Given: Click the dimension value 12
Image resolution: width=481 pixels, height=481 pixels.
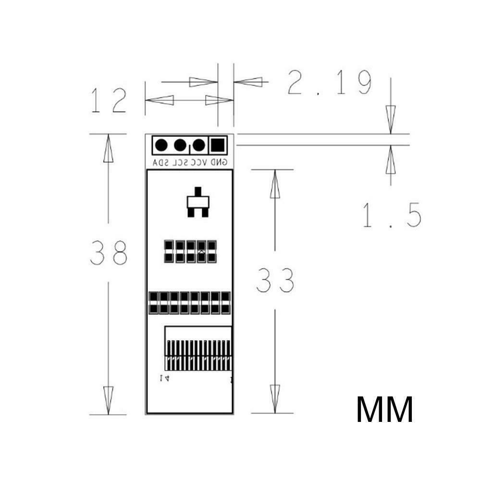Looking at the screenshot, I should (x=109, y=100).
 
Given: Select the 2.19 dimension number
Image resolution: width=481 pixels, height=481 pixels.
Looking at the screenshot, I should (x=330, y=82).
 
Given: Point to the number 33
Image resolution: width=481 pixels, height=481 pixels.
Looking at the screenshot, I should (x=275, y=280).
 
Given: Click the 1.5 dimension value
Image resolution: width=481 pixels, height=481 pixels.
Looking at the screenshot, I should (x=391, y=215).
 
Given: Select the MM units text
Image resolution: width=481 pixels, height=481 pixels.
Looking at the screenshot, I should (x=384, y=409).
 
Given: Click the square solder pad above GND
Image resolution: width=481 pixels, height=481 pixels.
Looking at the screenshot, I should (x=218, y=144).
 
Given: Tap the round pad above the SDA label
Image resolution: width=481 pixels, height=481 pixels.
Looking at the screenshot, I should (x=161, y=144).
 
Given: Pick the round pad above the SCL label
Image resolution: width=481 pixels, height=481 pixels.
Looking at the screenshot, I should (x=180, y=144).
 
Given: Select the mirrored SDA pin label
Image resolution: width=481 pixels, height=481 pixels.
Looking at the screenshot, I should (x=161, y=162).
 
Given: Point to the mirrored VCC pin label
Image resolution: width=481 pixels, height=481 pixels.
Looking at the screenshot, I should (x=199, y=162).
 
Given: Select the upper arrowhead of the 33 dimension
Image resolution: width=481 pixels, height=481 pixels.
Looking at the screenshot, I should (x=275, y=183).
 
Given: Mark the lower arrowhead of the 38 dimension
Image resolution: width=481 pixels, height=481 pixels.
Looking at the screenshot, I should (x=109, y=402).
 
